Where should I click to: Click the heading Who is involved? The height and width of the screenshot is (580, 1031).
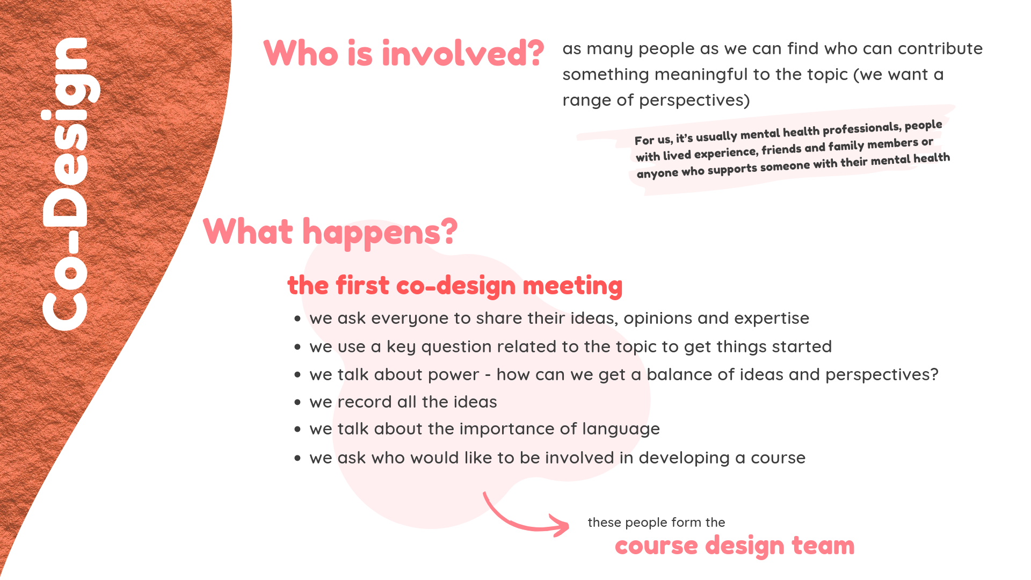(x=404, y=53)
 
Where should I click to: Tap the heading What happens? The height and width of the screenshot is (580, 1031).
(x=330, y=232)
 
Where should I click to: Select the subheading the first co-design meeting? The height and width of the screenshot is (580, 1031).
(x=455, y=285)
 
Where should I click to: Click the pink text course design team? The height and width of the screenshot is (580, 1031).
(x=735, y=546)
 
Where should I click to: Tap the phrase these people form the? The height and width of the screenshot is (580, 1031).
(x=656, y=523)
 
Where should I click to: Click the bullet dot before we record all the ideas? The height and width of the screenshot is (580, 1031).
(x=297, y=402)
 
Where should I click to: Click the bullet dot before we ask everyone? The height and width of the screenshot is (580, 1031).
(x=297, y=319)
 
